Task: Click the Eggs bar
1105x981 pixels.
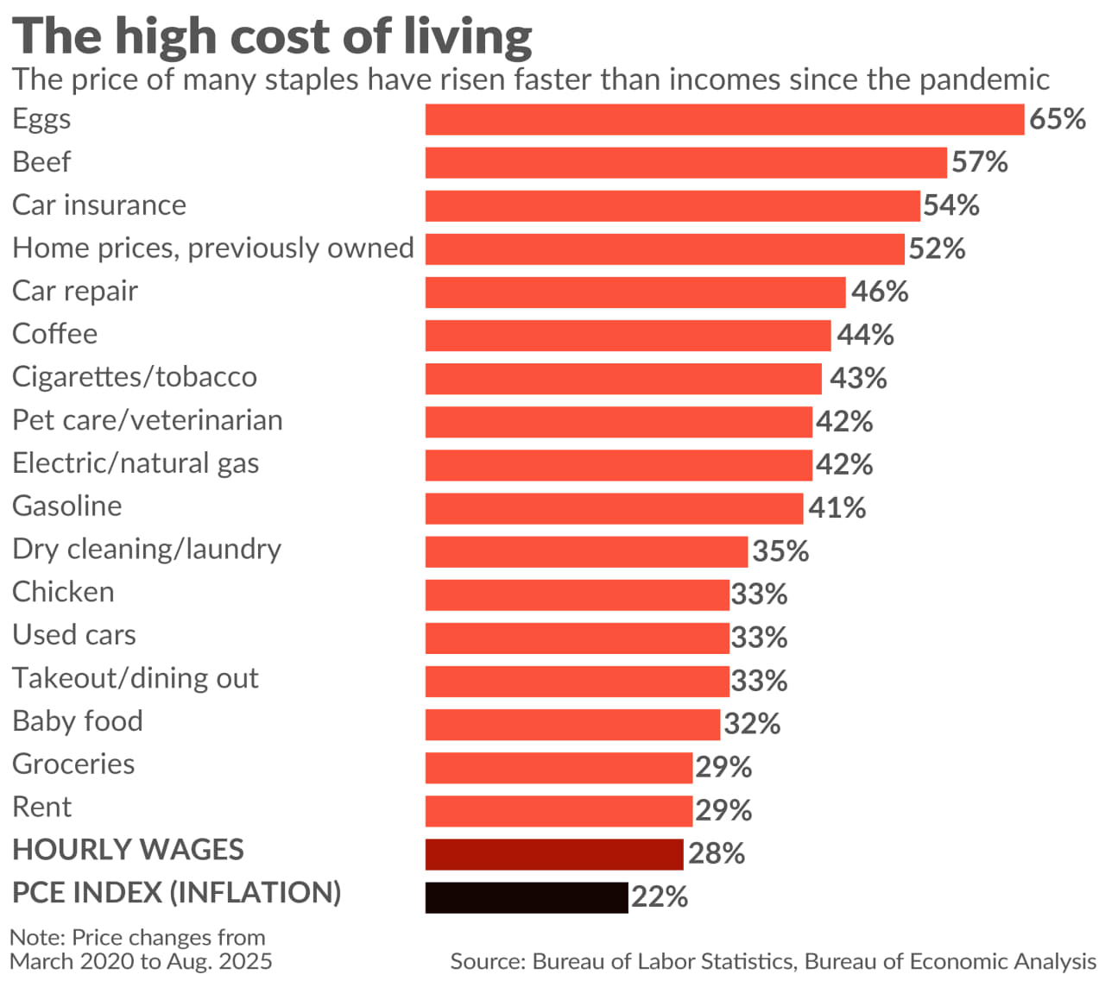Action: [724, 120]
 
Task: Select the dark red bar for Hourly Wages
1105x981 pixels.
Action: [554, 854]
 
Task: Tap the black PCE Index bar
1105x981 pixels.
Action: [527, 897]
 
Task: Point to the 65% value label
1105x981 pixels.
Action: [1058, 119]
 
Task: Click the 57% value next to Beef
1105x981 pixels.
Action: [980, 162]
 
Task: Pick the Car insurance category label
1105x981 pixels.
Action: [99, 205]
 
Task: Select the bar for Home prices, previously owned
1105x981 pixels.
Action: [665, 249]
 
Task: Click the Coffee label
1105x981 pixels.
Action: [55, 334]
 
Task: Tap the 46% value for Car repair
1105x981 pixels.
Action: [880, 292]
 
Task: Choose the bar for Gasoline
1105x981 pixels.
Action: [614, 508]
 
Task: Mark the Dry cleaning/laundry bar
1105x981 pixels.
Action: [586, 551]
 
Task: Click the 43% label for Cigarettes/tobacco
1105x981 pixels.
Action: [858, 378]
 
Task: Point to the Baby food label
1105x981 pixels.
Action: [78, 721]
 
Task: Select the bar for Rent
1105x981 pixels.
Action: [559, 811]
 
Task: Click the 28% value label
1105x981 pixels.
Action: [717, 853]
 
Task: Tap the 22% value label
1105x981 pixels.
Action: [660, 897]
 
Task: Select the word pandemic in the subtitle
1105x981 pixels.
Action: [984, 80]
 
